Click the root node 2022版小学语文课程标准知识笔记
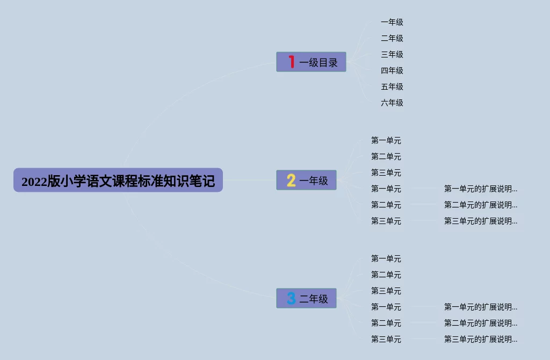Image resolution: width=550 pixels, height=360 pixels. point(118,181)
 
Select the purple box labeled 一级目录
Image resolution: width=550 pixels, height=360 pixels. point(311,62)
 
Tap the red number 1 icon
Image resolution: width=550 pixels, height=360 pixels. point(291,62)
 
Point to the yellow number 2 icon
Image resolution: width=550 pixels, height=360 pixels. point(291,181)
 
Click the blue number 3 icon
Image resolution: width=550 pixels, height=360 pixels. point(291,298)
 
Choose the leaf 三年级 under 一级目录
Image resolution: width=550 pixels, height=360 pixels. point(392,54)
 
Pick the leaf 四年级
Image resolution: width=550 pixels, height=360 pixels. point(392,70)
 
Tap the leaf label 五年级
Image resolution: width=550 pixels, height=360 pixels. point(392,87)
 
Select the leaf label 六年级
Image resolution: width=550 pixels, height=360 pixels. point(392,103)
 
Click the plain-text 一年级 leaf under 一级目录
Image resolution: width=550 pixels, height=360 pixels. point(392,22)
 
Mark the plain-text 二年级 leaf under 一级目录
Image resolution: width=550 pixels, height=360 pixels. point(392,38)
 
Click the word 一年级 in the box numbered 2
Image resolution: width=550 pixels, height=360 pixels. point(314,181)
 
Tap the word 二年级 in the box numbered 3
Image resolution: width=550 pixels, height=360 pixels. point(314,299)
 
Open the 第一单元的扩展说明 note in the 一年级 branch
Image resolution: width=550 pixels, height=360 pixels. point(480,189)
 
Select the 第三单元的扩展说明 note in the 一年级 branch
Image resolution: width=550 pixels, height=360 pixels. point(480,221)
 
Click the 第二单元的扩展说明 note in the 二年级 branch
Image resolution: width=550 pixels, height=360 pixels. point(480,323)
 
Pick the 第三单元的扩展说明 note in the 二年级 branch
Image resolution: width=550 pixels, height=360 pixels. point(480,339)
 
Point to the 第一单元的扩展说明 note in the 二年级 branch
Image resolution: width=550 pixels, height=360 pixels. point(480,307)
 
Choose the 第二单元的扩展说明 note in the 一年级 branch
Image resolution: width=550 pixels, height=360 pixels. point(480,205)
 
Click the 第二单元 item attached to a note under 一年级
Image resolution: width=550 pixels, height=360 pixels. point(386,205)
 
